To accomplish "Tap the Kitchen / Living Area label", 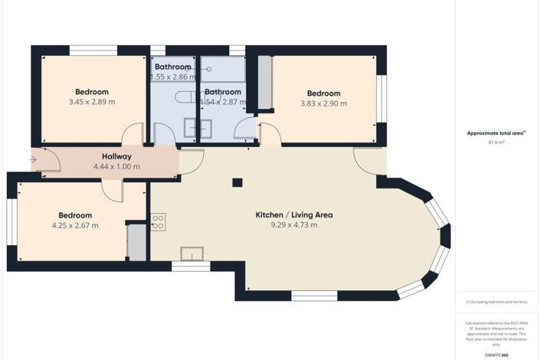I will [293, 214].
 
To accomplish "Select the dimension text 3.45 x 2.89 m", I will [92, 102].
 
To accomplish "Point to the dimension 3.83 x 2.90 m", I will [323, 103].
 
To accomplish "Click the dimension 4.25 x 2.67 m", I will [72, 226].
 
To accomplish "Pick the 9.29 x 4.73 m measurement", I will [293, 225].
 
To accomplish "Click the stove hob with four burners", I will [159, 221].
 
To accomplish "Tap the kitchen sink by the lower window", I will [191, 254].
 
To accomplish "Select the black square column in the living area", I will [237, 182].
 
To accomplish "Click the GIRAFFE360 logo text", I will [496, 355].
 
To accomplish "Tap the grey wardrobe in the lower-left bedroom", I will [136, 242].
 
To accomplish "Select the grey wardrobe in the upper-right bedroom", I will [265, 83].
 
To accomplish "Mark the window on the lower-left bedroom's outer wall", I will [11, 222].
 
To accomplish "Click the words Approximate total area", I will [494, 133].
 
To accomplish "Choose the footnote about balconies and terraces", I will [496, 302].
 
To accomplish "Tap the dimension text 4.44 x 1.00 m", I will [116, 166].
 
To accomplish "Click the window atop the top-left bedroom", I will [93, 51].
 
